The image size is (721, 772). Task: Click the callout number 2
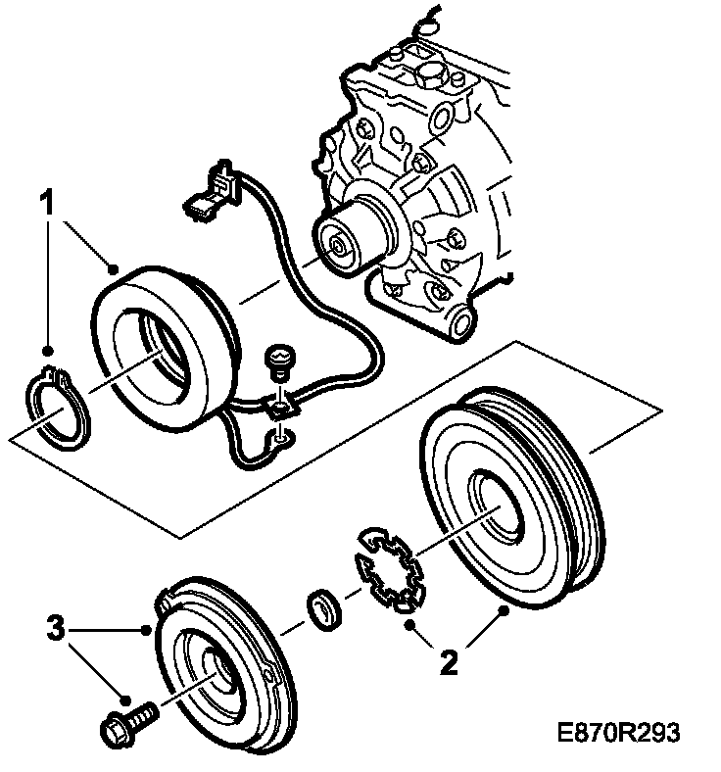pyautogui.click(x=448, y=663)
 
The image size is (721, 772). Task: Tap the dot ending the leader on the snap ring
pyautogui.click(x=46, y=349)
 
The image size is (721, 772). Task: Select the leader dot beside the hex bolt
pyautogui.click(x=125, y=699)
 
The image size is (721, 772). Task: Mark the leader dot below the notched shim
pyautogui.click(x=414, y=622)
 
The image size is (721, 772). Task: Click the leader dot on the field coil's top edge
pyautogui.click(x=115, y=268)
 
